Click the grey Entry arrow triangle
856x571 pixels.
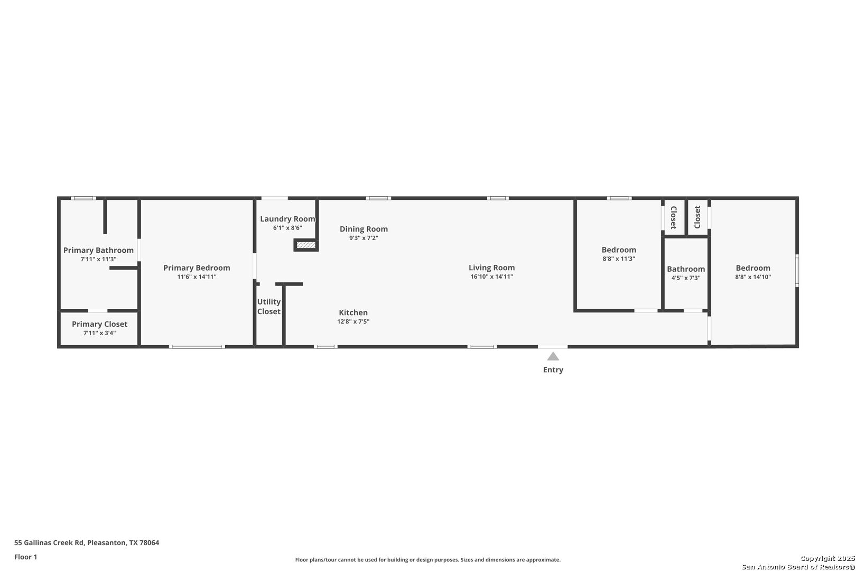tap(553, 357)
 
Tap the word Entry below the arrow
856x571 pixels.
tap(553, 370)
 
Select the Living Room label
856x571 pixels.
tap(491, 268)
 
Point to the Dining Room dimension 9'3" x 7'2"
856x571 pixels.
tap(364, 238)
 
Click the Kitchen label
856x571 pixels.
tap(353, 312)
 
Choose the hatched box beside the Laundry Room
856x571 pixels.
tap(306, 245)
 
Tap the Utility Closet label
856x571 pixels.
tap(268, 306)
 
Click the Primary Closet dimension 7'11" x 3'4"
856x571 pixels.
tap(99, 333)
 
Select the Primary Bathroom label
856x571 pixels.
tap(98, 250)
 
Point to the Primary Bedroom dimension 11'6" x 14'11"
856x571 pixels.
tap(197, 277)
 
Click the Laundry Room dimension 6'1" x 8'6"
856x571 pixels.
tap(287, 228)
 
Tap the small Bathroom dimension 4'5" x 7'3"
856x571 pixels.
tap(685, 278)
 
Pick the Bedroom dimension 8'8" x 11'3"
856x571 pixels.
tap(619, 259)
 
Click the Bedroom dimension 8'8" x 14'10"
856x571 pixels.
tap(753, 277)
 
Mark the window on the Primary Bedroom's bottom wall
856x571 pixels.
tap(197, 347)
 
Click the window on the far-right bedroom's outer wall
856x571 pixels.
tap(797, 271)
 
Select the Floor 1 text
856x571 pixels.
tap(25, 557)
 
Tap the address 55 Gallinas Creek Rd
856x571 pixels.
tap(49, 542)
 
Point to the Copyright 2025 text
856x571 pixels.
tap(827, 558)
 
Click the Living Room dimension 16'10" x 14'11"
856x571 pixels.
tap(491, 277)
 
